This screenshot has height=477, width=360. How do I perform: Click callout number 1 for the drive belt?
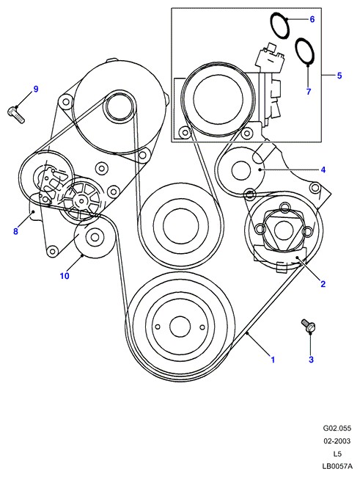pyautogui.click(x=273, y=360)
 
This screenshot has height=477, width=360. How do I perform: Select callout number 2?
pyautogui.click(x=323, y=284)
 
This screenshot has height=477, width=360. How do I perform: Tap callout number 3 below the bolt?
pyautogui.click(x=311, y=360)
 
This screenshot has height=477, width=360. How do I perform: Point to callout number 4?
pyautogui.click(x=323, y=170)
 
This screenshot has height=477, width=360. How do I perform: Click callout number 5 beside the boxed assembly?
pyautogui.click(x=339, y=76)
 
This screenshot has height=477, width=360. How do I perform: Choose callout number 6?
pyautogui.click(x=312, y=19)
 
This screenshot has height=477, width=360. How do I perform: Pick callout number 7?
pyautogui.click(x=309, y=91)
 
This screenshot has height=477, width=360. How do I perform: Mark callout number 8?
pyautogui.click(x=15, y=231)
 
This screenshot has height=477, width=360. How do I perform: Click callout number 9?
pyautogui.click(x=36, y=89)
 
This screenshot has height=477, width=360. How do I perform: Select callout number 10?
pyautogui.click(x=65, y=276)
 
